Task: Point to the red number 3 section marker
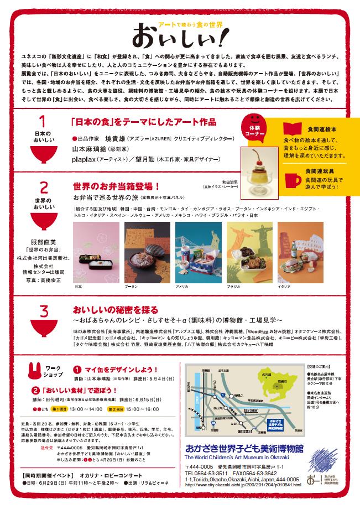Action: pyautogui.click(x=43, y=311)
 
